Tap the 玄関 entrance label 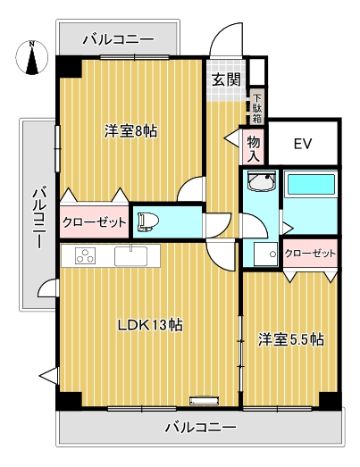click(x=226, y=79)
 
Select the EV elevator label click(x=303, y=143)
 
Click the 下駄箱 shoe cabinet click(x=257, y=107)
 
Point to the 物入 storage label click(x=254, y=147)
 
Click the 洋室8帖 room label click(x=130, y=131)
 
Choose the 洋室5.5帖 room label click(x=291, y=339)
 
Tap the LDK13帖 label click(x=150, y=325)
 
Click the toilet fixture click(x=150, y=219)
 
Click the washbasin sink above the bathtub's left click(x=260, y=185)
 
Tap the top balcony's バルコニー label click(x=118, y=39)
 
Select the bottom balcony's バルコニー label click(x=201, y=428)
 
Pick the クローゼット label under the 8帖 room click(x=94, y=222)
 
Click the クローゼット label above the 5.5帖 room click(x=311, y=254)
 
